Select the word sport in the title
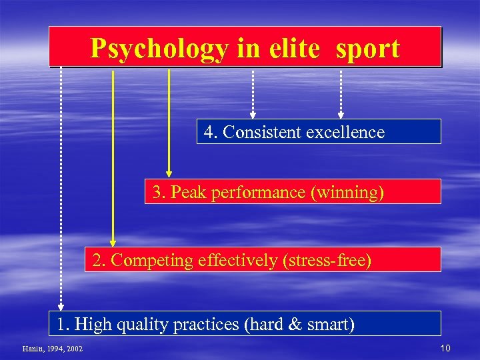point(368,49)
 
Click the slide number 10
point(445,348)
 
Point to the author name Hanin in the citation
point(31,349)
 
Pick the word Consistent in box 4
point(263,132)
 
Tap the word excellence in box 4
point(345,132)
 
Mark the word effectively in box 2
point(237,260)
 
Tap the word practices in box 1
point(208,325)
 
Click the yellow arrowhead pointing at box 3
point(169,173)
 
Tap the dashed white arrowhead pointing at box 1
point(61,305)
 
